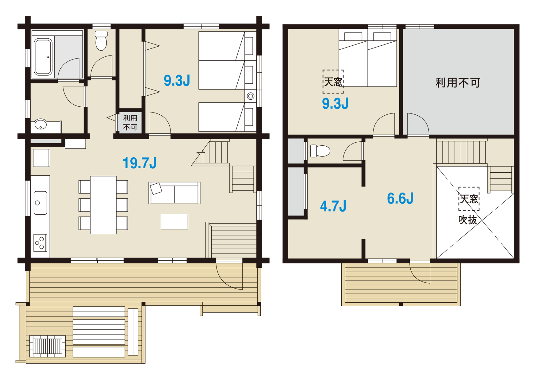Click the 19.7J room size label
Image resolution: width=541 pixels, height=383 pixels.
pyautogui.click(x=140, y=163)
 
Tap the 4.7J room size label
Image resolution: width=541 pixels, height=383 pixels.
pyautogui.click(x=333, y=206)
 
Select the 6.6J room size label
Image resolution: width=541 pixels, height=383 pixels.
pyautogui.click(x=400, y=198)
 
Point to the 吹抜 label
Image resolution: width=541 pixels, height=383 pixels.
pyautogui.click(x=468, y=220)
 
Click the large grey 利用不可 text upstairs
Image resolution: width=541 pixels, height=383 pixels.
pyautogui.click(x=458, y=82)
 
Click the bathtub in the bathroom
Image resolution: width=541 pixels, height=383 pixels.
pyautogui.click(x=43, y=57)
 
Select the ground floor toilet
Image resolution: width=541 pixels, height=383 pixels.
pyautogui.click(x=101, y=40)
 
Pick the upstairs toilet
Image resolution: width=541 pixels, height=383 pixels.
pyautogui.click(x=320, y=151)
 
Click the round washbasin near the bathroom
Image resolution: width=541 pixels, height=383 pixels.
pyautogui.click(x=40, y=124)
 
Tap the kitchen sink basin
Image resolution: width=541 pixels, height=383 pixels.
pyautogui.click(x=40, y=203)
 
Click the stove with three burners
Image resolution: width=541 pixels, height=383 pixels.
pyautogui.click(x=40, y=243)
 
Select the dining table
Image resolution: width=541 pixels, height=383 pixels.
pyautogui.click(x=103, y=205)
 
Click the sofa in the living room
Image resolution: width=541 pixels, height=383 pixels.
pyautogui.click(x=175, y=193)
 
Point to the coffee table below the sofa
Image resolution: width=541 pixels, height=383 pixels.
pyautogui.click(x=175, y=221)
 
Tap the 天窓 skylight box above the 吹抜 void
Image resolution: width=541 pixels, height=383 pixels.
pyautogui.click(x=469, y=199)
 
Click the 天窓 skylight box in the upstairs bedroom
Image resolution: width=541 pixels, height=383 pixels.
pyautogui.click(x=333, y=82)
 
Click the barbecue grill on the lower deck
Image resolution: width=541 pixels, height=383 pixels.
pyautogui.click(x=48, y=346)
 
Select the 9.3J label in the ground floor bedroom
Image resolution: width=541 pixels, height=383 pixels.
pyautogui.click(x=177, y=81)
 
